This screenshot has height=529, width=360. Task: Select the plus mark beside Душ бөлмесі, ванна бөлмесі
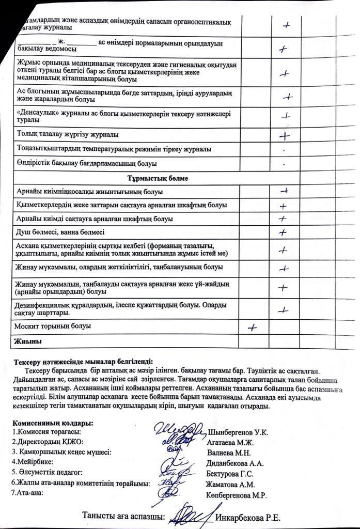pos(283,232)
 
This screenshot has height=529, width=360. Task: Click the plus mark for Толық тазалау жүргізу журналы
pos(284,136)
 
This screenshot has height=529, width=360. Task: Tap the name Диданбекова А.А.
pos(235,463)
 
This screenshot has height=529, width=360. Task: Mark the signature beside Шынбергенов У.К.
pos(179,430)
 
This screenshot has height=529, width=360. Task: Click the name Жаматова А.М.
pos(230,484)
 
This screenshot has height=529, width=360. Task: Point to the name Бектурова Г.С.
pos(230,473)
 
